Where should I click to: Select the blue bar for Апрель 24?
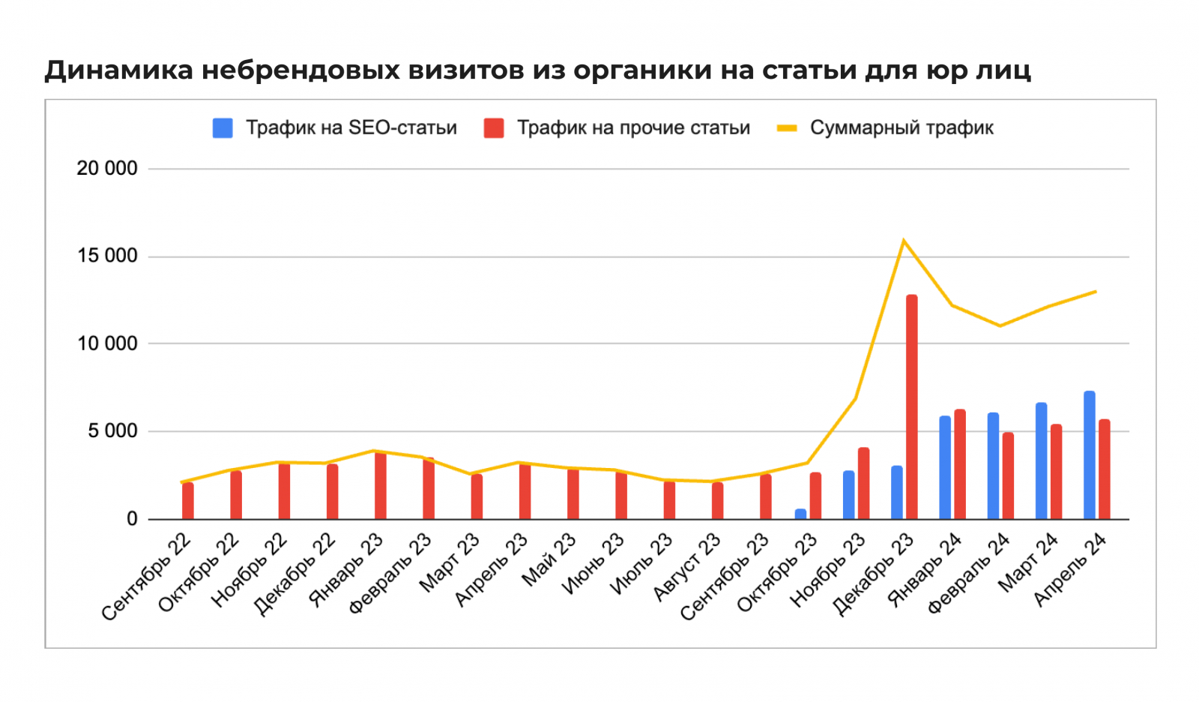coord(1089,455)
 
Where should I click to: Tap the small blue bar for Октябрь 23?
coord(800,514)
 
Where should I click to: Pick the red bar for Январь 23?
coord(381,485)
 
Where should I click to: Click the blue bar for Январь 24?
coord(945,468)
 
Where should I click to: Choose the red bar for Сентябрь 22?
coord(188,500)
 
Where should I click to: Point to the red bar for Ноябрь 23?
coord(863,483)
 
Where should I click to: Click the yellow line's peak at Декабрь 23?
coord(904,241)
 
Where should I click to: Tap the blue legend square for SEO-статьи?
coord(223,128)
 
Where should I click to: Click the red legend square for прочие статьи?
coord(493,128)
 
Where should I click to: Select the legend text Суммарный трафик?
coord(901,128)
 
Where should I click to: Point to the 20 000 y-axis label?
coord(107,169)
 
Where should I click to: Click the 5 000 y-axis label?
coord(112,431)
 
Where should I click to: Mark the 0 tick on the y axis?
coord(132,519)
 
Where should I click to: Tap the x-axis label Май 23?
coord(549,559)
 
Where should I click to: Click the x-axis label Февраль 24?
coord(969,574)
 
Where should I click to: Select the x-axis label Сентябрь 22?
coord(147,577)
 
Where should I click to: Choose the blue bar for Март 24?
coord(1041,460)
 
